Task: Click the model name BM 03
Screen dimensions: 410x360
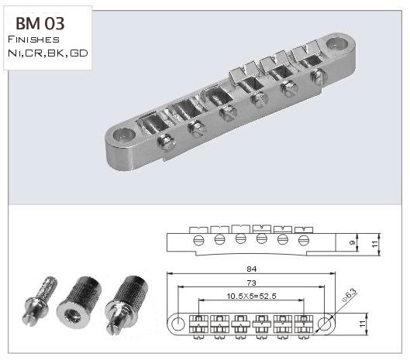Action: [40, 23]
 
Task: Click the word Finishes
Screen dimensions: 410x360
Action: [34, 39]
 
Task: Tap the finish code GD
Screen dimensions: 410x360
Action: [79, 53]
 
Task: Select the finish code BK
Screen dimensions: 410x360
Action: [56, 53]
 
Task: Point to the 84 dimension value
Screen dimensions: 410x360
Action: [252, 269]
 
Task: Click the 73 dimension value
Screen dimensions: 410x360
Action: [252, 283]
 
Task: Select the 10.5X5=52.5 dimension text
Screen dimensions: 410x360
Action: [251, 296]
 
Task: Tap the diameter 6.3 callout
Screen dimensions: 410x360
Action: [350, 296]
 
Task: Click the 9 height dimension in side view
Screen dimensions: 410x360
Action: [352, 242]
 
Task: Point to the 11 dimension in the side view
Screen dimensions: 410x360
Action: [374, 244]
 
